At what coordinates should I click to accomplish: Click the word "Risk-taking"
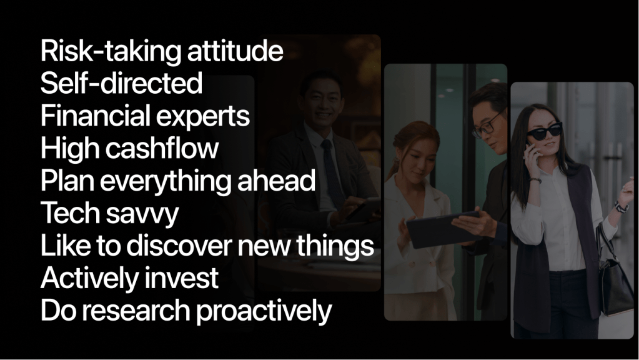[111, 52]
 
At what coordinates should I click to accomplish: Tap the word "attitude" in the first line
[235, 51]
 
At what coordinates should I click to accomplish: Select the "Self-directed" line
[121, 82]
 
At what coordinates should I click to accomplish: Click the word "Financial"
[96, 116]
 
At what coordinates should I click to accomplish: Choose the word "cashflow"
[162, 147]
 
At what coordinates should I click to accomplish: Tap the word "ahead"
[277, 180]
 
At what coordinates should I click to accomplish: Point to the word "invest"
[181, 277]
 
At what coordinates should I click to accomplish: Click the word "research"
[139, 310]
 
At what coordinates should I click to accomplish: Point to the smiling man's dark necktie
[332, 171]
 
